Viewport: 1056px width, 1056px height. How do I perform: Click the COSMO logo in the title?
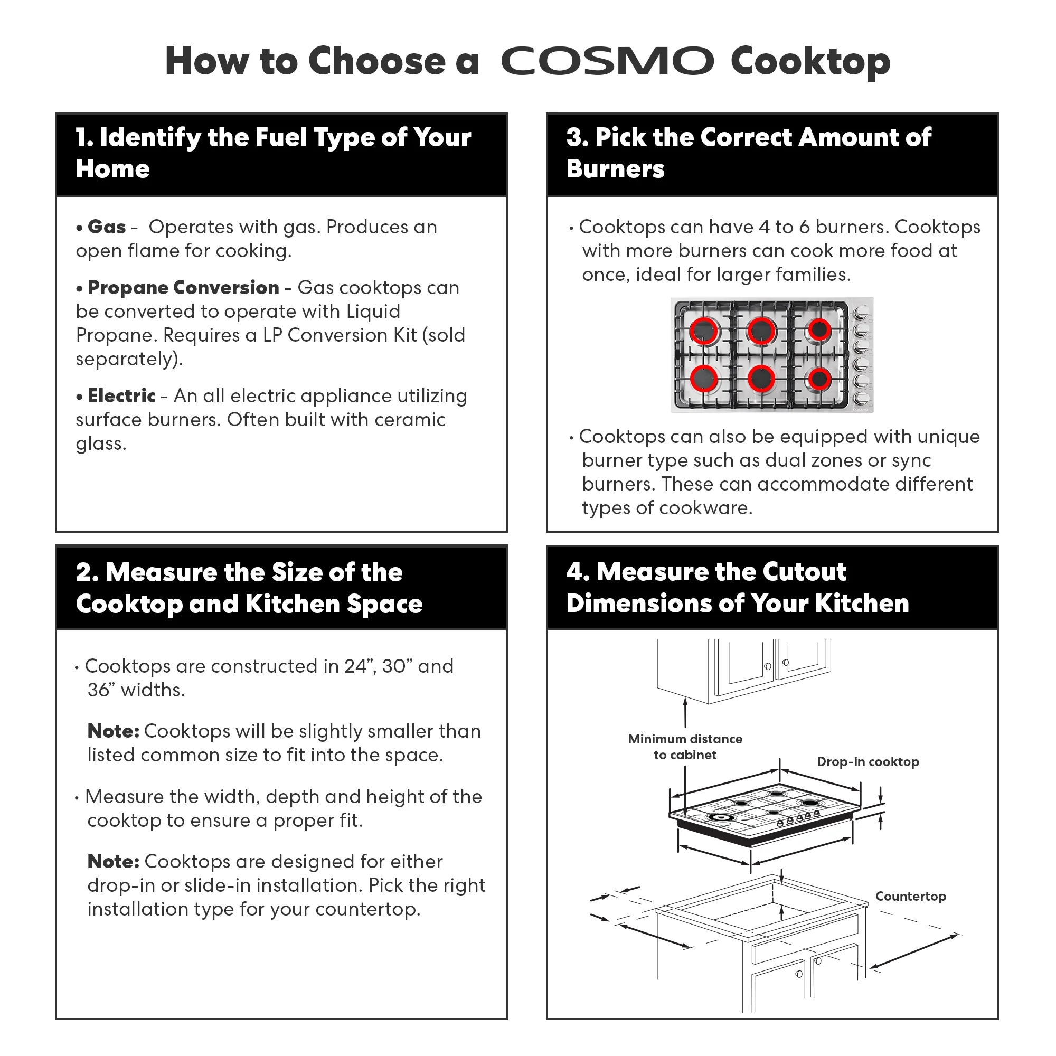[x=607, y=61]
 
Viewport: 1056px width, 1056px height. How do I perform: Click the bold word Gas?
[x=107, y=227]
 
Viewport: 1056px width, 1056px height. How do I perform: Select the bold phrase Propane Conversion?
[x=183, y=288]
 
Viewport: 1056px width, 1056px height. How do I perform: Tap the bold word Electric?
[x=121, y=395]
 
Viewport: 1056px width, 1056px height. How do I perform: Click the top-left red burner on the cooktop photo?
[x=703, y=330]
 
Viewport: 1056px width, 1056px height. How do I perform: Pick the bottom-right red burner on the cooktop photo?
[x=819, y=378]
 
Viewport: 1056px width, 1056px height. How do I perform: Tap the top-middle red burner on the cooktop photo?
[x=761, y=330]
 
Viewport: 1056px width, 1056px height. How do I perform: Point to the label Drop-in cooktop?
[x=868, y=762]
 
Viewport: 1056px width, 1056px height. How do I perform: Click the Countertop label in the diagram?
[x=910, y=897]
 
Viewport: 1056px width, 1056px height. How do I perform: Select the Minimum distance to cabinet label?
[x=685, y=747]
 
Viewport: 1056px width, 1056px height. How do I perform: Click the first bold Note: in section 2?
[x=113, y=731]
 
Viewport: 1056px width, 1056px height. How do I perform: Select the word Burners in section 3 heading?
[x=615, y=169]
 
